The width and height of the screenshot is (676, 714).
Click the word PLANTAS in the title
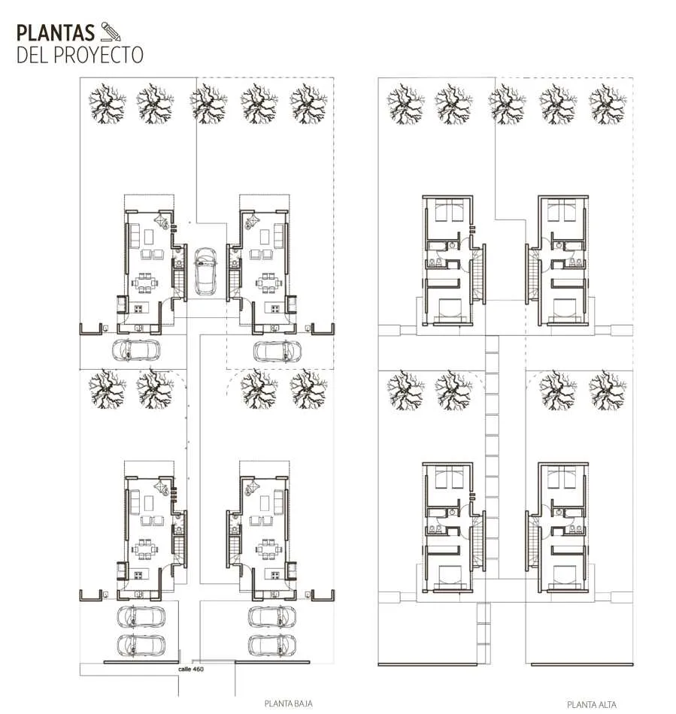tap(56, 33)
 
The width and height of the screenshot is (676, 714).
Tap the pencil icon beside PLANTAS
tap(111, 32)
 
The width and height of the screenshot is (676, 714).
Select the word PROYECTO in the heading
tap(99, 55)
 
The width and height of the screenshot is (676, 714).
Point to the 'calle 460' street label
tap(191, 670)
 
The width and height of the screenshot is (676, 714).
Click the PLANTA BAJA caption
tap(288, 703)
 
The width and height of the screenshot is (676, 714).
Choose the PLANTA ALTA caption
tap(591, 705)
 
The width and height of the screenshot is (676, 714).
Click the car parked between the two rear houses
tap(205, 271)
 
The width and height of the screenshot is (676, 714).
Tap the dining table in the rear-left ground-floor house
tap(145, 283)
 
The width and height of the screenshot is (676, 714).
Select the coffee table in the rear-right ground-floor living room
tap(265, 237)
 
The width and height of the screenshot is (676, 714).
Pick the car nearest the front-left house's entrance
tap(141, 617)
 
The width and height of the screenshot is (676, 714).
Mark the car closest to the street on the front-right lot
tap(272, 646)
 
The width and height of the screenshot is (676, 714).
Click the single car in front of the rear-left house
tap(136, 350)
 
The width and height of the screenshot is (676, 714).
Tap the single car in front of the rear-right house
tap(277, 352)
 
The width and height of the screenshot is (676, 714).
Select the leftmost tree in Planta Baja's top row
tap(107, 104)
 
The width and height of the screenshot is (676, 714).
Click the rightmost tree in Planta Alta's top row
tap(608, 104)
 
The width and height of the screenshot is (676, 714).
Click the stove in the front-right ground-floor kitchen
tap(275, 576)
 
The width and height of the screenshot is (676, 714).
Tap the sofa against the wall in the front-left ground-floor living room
tap(135, 501)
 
